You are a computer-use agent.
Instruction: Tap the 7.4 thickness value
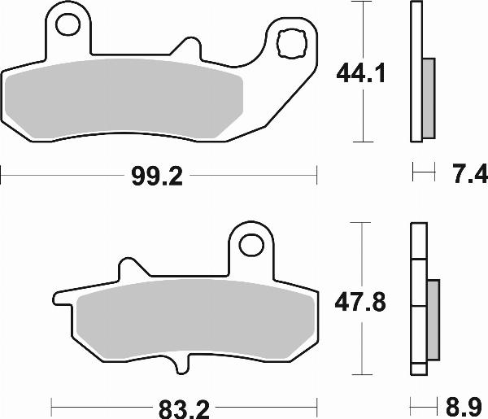click(x=467, y=173)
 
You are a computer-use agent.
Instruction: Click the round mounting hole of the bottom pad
click(x=254, y=242)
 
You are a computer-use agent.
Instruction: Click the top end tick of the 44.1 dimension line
click(x=359, y=2)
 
